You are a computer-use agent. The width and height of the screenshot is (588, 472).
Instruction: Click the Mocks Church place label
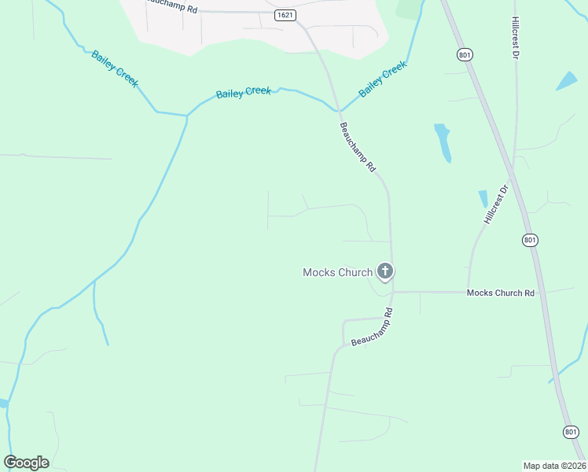pyautogui.click(x=337, y=273)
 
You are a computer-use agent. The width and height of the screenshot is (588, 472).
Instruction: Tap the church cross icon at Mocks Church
pyautogui.click(x=385, y=271)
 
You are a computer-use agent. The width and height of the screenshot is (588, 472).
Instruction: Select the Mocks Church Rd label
pyautogui.click(x=500, y=293)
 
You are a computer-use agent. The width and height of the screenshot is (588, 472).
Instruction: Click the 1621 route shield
pyautogui.click(x=285, y=15)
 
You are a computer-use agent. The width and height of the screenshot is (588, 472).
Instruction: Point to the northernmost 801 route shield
pyautogui.click(x=464, y=54)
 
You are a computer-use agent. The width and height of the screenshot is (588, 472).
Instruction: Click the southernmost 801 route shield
pyautogui.click(x=571, y=431)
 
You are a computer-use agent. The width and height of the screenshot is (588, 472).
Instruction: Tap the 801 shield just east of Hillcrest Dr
pyautogui.click(x=530, y=240)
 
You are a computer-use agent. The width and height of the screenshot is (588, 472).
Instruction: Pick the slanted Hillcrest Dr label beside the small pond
pyautogui.click(x=497, y=205)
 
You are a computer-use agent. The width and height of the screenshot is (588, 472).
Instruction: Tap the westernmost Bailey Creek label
pyautogui.click(x=115, y=68)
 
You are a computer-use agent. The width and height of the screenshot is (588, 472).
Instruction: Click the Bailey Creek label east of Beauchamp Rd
pyautogui.click(x=383, y=79)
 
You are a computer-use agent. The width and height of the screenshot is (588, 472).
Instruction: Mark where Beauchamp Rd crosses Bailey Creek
pyautogui.click(x=337, y=106)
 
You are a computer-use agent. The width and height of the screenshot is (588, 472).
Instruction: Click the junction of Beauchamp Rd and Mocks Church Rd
pyautogui.click(x=392, y=292)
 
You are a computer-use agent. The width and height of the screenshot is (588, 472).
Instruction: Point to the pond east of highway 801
pyautogui.click(x=566, y=80)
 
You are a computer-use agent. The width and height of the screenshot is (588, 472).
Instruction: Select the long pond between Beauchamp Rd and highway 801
pyautogui.click(x=443, y=141)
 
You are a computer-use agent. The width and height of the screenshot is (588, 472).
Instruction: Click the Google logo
pyautogui.click(x=26, y=463)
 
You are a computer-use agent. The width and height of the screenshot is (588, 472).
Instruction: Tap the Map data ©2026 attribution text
pyautogui.click(x=554, y=466)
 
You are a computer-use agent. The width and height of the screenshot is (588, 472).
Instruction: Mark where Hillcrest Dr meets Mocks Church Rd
pyautogui.click(x=469, y=292)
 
